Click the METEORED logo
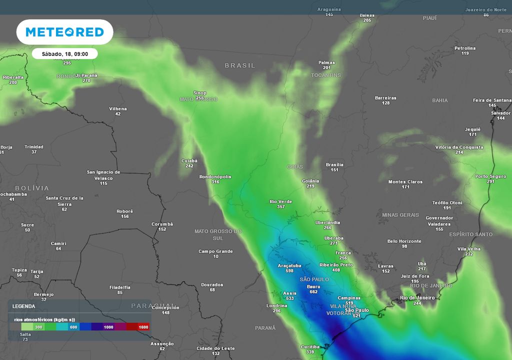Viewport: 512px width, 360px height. (64, 32)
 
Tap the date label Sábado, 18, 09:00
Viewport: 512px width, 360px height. (64, 53)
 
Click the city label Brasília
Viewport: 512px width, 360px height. (334, 164)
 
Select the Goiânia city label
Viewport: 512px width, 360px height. (310, 181)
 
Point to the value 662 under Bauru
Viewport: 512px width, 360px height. (313, 292)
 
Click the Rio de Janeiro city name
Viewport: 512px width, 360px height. (417, 298)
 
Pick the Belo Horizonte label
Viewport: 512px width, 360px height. (404, 241)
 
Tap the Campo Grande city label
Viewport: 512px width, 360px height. (215, 251)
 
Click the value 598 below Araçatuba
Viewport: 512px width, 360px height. (289, 271)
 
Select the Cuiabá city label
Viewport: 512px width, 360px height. (189, 161)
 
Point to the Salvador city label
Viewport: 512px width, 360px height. (500, 113)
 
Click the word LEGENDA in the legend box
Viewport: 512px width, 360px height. (23, 306)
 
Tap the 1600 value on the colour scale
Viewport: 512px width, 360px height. (143, 326)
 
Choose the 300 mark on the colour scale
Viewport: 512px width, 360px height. (38, 326)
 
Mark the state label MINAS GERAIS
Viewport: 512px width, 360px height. (400, 215)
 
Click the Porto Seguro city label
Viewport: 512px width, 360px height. (490, 176)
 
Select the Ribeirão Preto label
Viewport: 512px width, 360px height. (335, 264)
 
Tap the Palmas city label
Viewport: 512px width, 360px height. (326, 62)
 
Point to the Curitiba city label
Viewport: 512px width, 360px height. (310, 346)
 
